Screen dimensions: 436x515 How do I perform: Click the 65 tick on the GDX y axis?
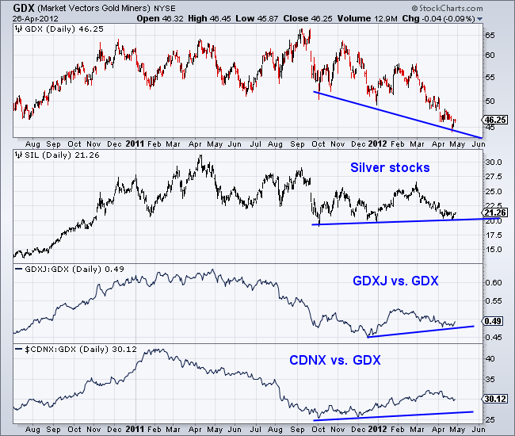(x=490, y=36)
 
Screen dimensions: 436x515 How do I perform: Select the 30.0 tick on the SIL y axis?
(x=494, y=163)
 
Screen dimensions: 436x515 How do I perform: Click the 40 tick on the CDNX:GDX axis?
(x=490, y=358)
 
